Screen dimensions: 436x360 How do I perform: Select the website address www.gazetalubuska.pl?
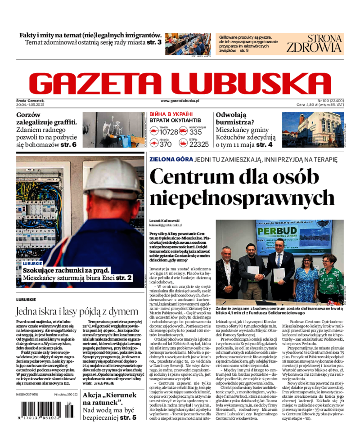pyautogui.click(x=180, y=102)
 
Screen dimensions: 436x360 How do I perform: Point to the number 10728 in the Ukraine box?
pyautogui.click(x=169, y=132)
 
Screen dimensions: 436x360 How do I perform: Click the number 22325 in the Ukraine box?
pyautogui.click(x=199, y=144)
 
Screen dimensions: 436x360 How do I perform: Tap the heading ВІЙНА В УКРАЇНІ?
pyautogui.click(x=171, y=114)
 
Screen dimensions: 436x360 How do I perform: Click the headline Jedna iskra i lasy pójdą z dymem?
pyautogui.click(x=77, y=311)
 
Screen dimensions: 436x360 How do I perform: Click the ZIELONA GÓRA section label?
pyautogui.click(x=171, y=160)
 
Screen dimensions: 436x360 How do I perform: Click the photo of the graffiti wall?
pyautogui.click(x=113, y=130)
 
